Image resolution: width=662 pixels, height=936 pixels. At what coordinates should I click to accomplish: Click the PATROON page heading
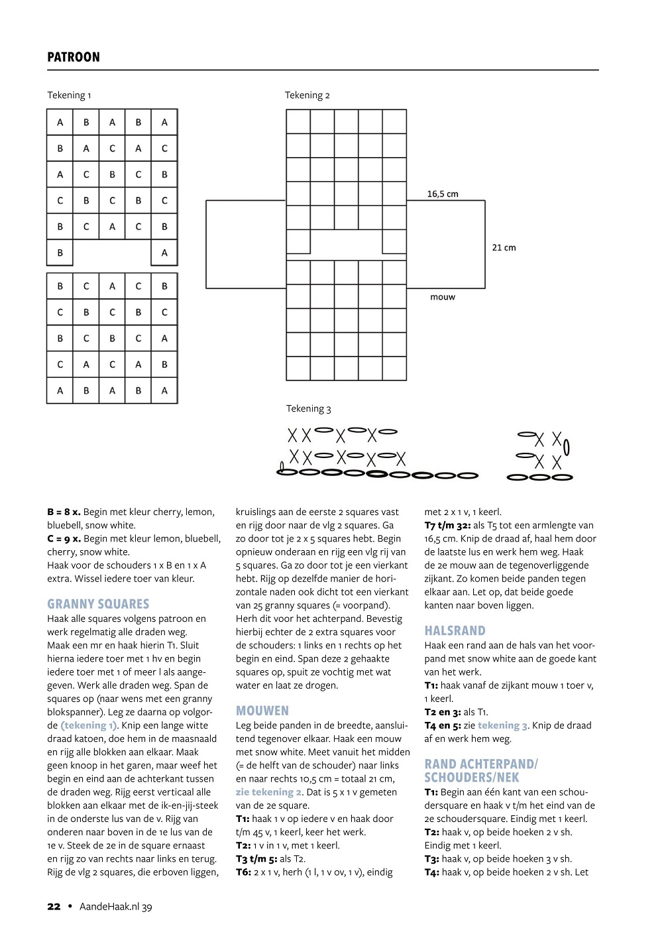point(74,57)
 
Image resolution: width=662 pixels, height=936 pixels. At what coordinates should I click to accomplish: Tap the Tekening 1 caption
point(69,95)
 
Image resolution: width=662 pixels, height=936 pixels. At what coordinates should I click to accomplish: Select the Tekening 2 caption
point(307,95)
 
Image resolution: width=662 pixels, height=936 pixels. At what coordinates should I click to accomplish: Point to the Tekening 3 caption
point(308,409)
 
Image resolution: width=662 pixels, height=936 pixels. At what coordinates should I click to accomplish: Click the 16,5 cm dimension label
point(443,194)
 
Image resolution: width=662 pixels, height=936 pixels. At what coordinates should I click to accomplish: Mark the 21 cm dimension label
point(504,248)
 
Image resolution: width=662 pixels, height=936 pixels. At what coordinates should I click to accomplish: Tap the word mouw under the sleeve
point(443,297)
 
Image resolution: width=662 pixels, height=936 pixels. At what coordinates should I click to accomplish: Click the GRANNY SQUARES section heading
point(98,604)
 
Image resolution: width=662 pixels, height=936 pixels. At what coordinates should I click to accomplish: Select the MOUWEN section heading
point(262,711)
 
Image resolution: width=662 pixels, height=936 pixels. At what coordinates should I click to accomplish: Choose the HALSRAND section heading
point(455,630)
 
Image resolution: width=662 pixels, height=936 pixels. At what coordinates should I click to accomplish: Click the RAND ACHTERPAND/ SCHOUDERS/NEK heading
point(481,770)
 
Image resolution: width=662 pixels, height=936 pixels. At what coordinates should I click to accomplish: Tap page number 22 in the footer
point(54,907)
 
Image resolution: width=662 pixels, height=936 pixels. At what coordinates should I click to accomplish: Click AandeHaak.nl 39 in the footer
point(116,907)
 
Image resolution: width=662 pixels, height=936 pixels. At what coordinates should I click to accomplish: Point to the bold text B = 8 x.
point(64,512)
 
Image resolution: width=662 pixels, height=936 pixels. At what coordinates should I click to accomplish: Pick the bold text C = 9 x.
point(64,539)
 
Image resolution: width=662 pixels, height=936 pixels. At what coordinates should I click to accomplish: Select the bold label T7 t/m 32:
point(447,526)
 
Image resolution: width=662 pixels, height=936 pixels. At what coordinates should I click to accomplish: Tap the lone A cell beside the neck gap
point(164,253)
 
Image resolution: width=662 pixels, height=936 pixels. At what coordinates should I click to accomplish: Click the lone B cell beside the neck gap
point(60,253)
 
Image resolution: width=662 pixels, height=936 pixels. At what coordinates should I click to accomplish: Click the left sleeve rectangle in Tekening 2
point(246,245)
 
